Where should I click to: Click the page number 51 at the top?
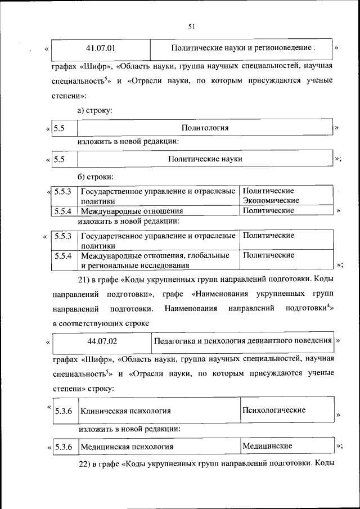[x=192, y=26]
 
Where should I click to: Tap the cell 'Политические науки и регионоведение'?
[x=243, y=48]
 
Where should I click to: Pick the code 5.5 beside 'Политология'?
[x=60, y=128]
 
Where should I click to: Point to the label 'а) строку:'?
[x=95, y=111]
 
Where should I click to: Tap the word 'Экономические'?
[x=271, y=201]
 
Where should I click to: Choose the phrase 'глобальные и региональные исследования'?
[x=155, y=260]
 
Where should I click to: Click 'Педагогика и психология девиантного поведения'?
[x=242, y=341]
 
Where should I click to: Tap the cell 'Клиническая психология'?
[x=125, y=411]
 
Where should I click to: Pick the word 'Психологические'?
[x=274, y=410]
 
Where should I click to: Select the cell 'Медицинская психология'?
[x=127, y=447]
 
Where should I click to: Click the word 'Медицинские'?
[x=267, y=446]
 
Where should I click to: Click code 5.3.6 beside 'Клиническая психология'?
[x=64, y=411]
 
